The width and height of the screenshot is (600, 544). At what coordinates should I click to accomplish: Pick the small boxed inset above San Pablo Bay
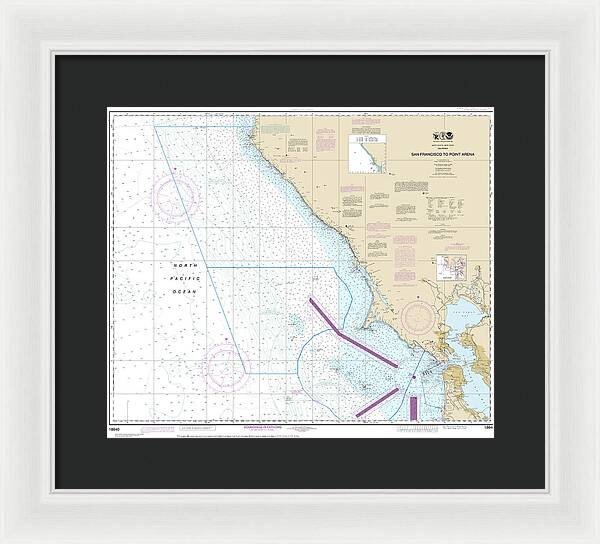[446, 267]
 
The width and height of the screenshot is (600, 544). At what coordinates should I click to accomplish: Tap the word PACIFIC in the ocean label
[182, 277]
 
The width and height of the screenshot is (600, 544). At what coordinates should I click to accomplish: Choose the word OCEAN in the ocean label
[183, 290]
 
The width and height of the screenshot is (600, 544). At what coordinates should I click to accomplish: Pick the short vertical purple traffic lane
[412, 405]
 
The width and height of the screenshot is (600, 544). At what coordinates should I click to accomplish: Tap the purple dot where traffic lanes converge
[410, 376]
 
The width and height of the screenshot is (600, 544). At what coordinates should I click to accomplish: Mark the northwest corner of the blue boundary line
[154, 126]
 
